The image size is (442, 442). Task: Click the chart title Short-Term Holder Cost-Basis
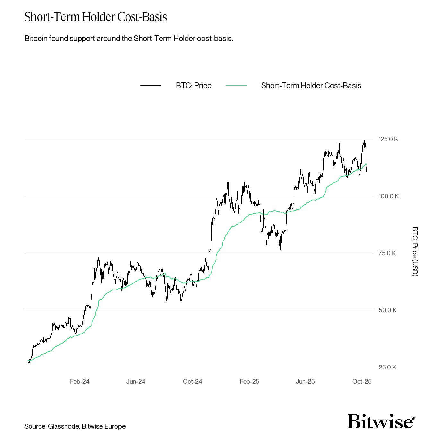(96, 17)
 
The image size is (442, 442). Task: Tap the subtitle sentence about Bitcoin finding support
(129, 39)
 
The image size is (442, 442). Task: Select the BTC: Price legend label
(194, 86)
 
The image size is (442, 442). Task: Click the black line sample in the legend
(151, 86)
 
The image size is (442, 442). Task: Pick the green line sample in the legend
(236, 86)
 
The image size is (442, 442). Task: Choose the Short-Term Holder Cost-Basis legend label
(311, 86)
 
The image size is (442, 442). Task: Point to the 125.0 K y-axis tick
(388, 139)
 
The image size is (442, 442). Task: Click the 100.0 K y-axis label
(388, 196)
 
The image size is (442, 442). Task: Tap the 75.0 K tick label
(387, 253)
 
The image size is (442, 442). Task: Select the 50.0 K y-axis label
(387, 310)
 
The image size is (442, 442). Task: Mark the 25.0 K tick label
(387, 367)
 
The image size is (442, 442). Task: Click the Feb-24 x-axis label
(80, 381)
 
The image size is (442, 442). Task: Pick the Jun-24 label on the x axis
(136, 381)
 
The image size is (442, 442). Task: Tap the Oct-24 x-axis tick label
(193, 381)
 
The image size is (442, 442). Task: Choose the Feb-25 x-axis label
(249, 381)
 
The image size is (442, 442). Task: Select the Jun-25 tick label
(305, 381)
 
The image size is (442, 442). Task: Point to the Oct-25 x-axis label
(362, 381)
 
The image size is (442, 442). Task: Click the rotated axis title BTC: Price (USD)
(415, 251)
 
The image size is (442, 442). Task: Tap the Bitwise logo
(381, 421)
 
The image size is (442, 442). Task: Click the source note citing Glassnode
(75, 426)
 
